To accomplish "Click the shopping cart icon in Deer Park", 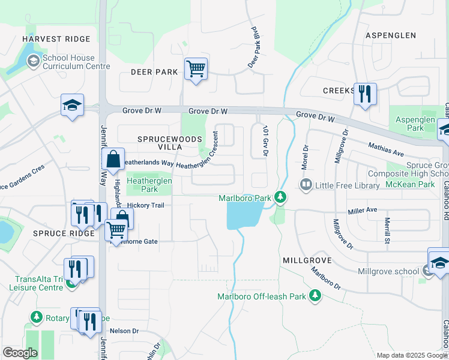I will pyautogui.click(x=196, y=70).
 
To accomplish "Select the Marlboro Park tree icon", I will pyautogui.click(x=279, y=196).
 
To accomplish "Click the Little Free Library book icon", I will pyautogui.click(x=306, y=185).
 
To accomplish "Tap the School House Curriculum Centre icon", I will pyautogui.click(x=32, y=61).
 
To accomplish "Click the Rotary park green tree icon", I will pyautogui.click(x=37, y=317).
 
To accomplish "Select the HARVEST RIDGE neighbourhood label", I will pyautogui.click(x=56, y=39).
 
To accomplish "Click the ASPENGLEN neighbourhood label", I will pyautogui.click(x=390, y=35).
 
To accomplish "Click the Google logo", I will pyautogui.click(x=20, y=353).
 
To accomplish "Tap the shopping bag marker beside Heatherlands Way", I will pyautogui.click(x=112, y=160).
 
